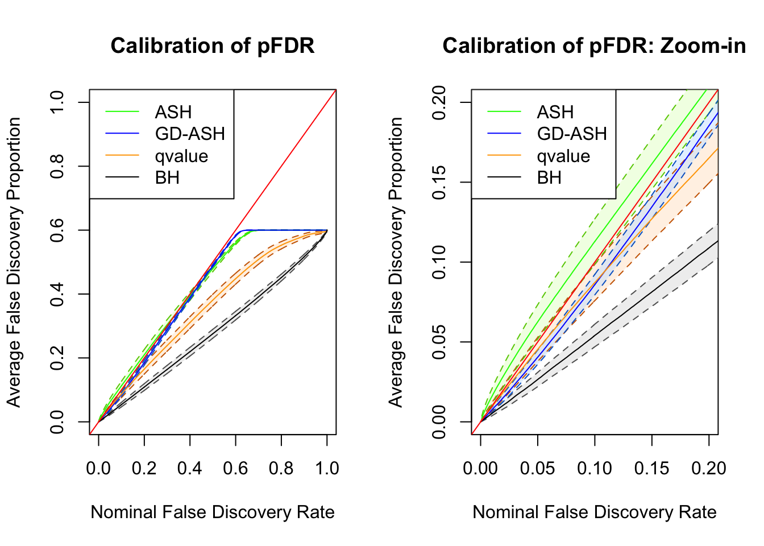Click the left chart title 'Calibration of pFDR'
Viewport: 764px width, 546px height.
coord(212,45)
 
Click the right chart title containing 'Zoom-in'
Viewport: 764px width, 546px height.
coord(594,45)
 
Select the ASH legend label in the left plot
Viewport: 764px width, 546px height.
coord(173,112)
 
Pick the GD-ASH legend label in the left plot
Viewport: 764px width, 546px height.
coord(190,134)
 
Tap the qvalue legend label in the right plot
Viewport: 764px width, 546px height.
coord(563,156)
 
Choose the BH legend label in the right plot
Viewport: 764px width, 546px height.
coord(549,177)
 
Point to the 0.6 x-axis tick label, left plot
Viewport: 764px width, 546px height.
coord(235,468)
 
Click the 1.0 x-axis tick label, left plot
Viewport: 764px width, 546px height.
coord(327,468)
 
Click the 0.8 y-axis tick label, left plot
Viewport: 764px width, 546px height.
coord(57,166)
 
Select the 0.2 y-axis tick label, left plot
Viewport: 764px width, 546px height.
coord(57,358)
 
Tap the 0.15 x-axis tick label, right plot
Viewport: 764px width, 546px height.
coord(652,468)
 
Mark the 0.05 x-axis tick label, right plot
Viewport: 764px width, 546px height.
coord(538,468)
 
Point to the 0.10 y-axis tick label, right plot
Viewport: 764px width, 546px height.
coord(439,262)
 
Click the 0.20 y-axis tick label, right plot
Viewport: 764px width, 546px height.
coord(439,102)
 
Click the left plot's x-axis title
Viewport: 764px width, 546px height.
coord(212,512)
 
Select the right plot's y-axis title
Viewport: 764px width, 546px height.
coord(396,262)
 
